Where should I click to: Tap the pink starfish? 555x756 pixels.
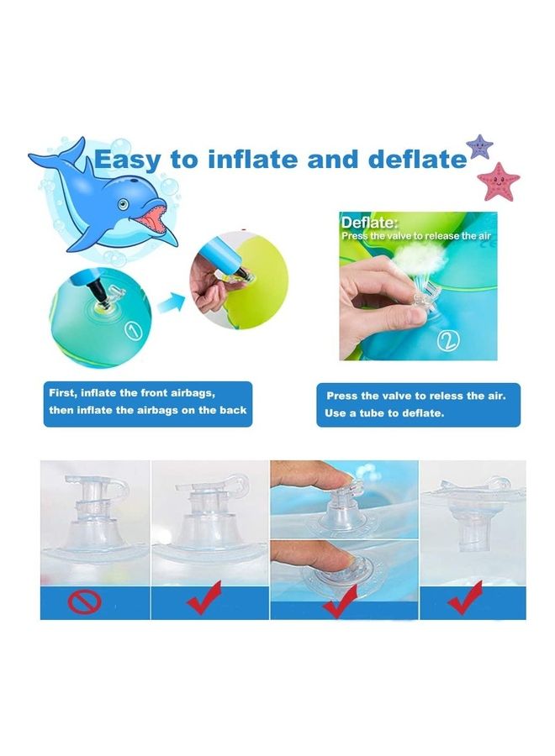point(499,181)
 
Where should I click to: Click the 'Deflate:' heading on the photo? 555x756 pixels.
point(369,223)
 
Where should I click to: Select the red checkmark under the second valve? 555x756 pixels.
point(205,598)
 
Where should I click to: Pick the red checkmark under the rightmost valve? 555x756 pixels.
point(464,599)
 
